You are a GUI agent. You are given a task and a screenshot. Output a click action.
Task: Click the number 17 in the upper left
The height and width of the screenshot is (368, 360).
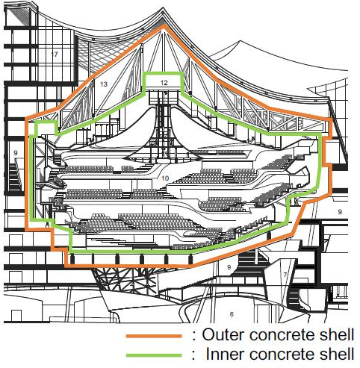click(x=55, y=54)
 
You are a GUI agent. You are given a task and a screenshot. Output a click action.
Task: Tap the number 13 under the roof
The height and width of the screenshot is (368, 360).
click(x=104, y=84)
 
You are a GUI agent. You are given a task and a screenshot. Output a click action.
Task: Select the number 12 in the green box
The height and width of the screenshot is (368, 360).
click(x=164, y=82)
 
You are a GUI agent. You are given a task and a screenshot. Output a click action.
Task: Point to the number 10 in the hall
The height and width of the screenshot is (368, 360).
click(x=165, y=178)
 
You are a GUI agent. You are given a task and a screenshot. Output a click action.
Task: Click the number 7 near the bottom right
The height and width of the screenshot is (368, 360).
click(x=285, y=275)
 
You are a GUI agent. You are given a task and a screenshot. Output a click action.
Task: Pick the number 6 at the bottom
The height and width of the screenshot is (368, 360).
click(x=232, y=314)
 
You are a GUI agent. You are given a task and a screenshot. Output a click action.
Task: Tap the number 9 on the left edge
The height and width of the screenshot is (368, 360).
click(x=16, y=153)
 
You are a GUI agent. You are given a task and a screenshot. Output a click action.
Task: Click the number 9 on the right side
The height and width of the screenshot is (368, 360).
click(x=340, y=212)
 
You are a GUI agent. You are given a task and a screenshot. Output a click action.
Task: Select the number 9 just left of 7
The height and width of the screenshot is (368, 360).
click(x=229, y=267)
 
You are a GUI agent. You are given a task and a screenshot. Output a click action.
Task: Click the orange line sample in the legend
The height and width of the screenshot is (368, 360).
click(x=154, y=336)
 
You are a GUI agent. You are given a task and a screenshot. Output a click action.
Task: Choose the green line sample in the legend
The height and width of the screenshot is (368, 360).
click(x=154, y=355)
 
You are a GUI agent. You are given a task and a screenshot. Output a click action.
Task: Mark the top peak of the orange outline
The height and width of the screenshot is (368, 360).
click(x=164, y=25)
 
